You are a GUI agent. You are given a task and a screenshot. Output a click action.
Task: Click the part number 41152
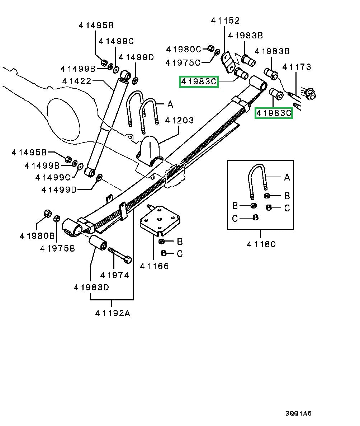click(x=225, y=21)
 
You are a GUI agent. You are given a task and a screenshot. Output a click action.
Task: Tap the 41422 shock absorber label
click(x=76, y=81)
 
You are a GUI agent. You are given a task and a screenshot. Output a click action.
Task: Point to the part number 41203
click(x=179, y=120)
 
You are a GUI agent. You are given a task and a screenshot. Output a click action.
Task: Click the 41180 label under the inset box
click(x=261, y=244)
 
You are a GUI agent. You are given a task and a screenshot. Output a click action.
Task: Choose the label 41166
click(x=154, y=266)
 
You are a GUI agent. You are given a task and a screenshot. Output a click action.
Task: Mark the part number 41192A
click(x=112, y=313)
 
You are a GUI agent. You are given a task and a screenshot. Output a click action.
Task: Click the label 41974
click(x=114, y=275)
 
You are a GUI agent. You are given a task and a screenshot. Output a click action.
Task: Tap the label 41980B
click(x=37, y=236)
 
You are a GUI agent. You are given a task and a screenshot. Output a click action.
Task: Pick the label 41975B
click(x=57, y=248)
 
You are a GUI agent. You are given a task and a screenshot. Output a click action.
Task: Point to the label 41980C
click(x=183, y=49)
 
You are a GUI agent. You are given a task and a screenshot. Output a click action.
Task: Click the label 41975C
click(x=183, y=63)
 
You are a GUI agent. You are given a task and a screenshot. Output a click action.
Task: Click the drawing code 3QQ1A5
click(x=298, y=413)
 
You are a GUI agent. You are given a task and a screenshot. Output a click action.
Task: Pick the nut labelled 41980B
click(x=47, y=213)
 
